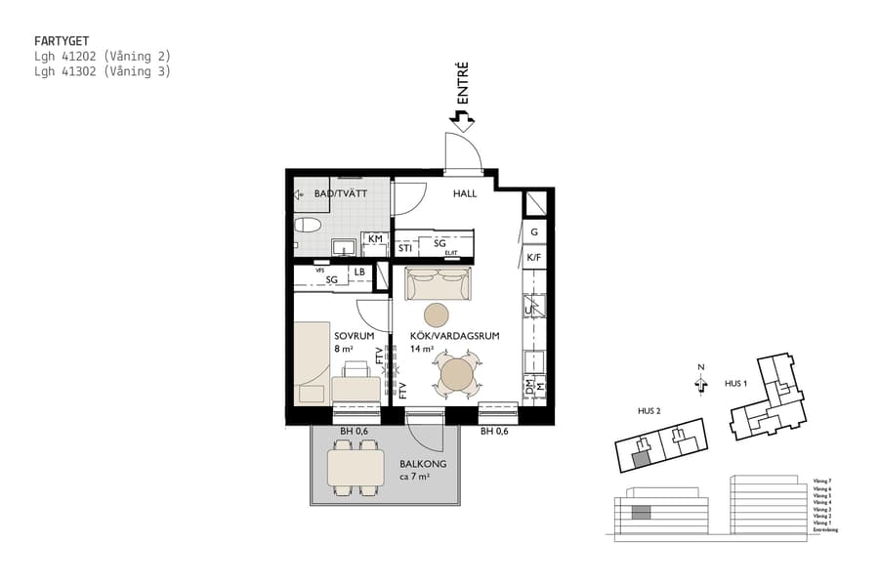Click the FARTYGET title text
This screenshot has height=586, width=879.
62,42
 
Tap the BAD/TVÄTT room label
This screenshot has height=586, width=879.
334,193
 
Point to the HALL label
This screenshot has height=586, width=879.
465,193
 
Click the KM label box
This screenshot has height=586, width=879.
375,238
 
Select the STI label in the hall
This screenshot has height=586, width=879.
404,248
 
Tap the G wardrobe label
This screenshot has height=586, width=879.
534,232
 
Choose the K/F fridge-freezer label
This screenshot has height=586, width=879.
534,258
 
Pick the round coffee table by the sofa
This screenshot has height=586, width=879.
436,314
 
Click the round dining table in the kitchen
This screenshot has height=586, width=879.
456,374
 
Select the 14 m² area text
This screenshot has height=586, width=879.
422,349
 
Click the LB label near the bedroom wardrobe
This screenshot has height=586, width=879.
359,272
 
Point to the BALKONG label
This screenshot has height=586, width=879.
423,464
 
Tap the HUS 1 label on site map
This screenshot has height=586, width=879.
735,384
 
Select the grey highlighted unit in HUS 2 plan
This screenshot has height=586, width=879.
642,456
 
